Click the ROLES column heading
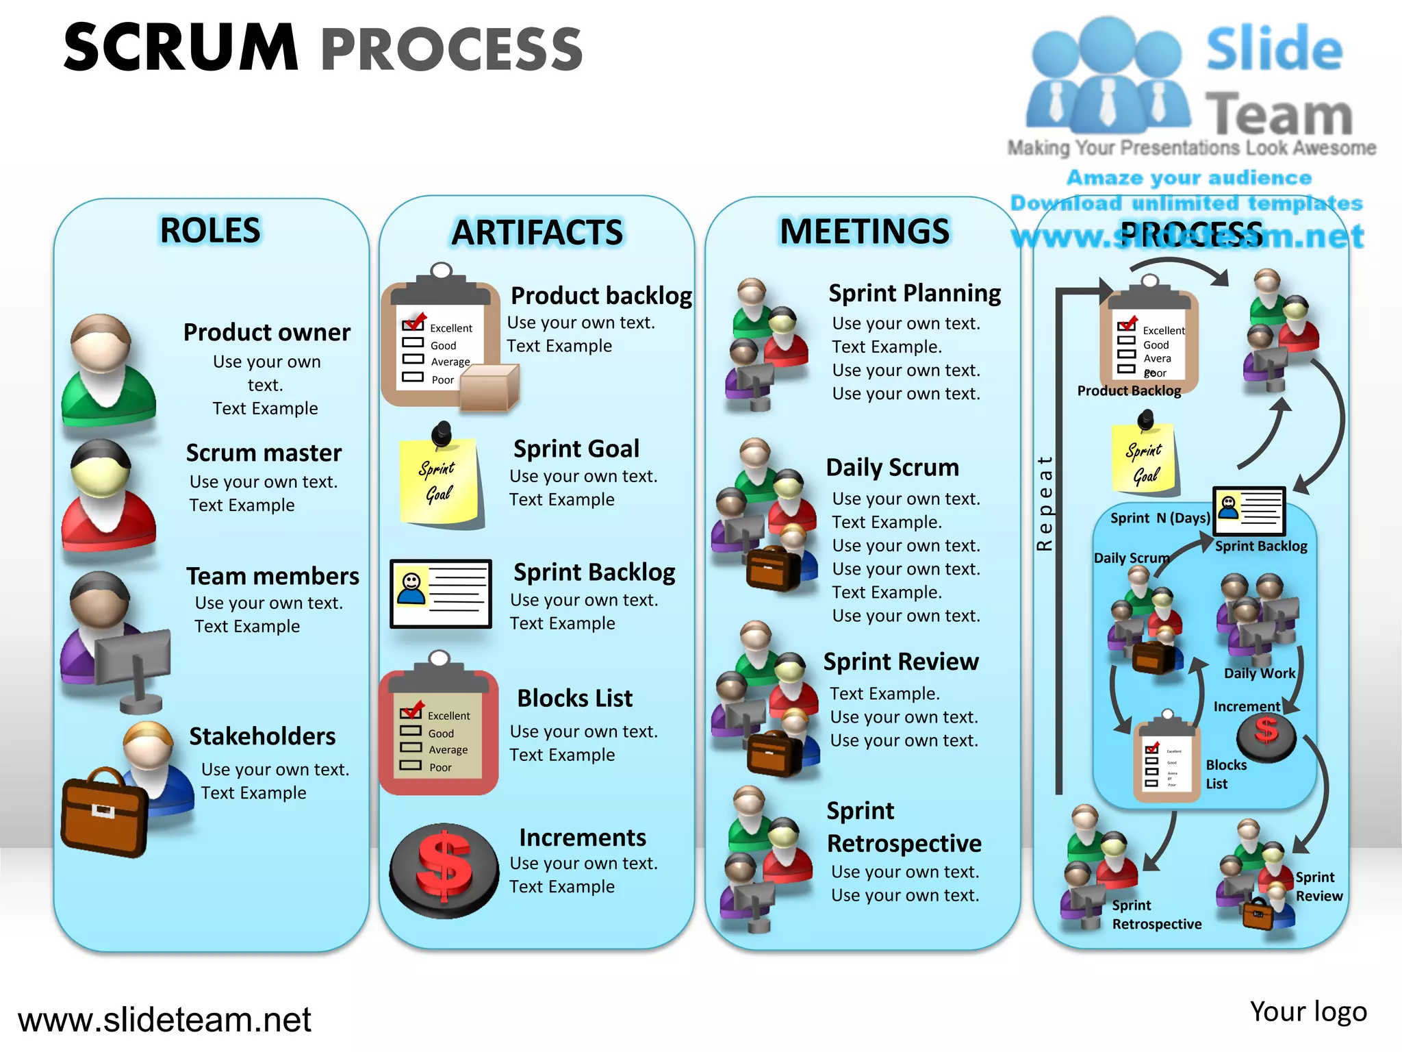(x=210, y=230)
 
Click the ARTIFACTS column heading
(x=537, y=232)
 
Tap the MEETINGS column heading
(x=865, y=231)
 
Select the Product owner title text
(x=266, y=332)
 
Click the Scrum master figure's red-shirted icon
(x=107, y=496)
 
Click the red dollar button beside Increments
(x=444, y=868)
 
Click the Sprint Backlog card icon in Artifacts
(x=441, y=594)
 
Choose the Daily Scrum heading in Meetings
(x=892, y=467)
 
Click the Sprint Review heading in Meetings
(x=901, y=662)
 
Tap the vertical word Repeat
(x=1044, y=503)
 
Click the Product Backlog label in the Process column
(x=1129, y=390)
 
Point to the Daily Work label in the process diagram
(x=1259, y=673)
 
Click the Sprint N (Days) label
(x=1160, y=518)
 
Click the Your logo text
(x=1308, y=1012)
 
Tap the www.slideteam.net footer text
(x=164, y=1020)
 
